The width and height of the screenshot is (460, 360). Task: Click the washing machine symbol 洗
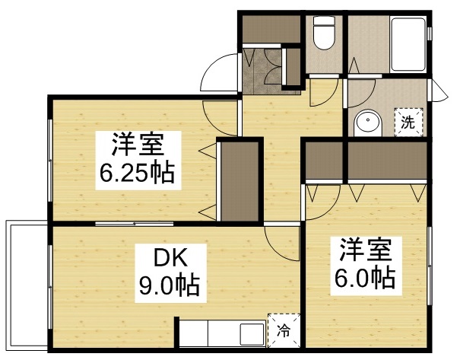[x=408, y=123]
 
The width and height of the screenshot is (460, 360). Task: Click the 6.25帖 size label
[x=136, y=174]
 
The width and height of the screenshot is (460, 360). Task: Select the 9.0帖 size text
[x=167, y=285]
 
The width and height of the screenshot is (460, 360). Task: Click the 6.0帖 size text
[x=365, y=278]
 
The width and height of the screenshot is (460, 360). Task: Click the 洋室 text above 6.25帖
[x=137, y=144]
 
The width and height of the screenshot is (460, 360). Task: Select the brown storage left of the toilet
[x=271, y=29]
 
